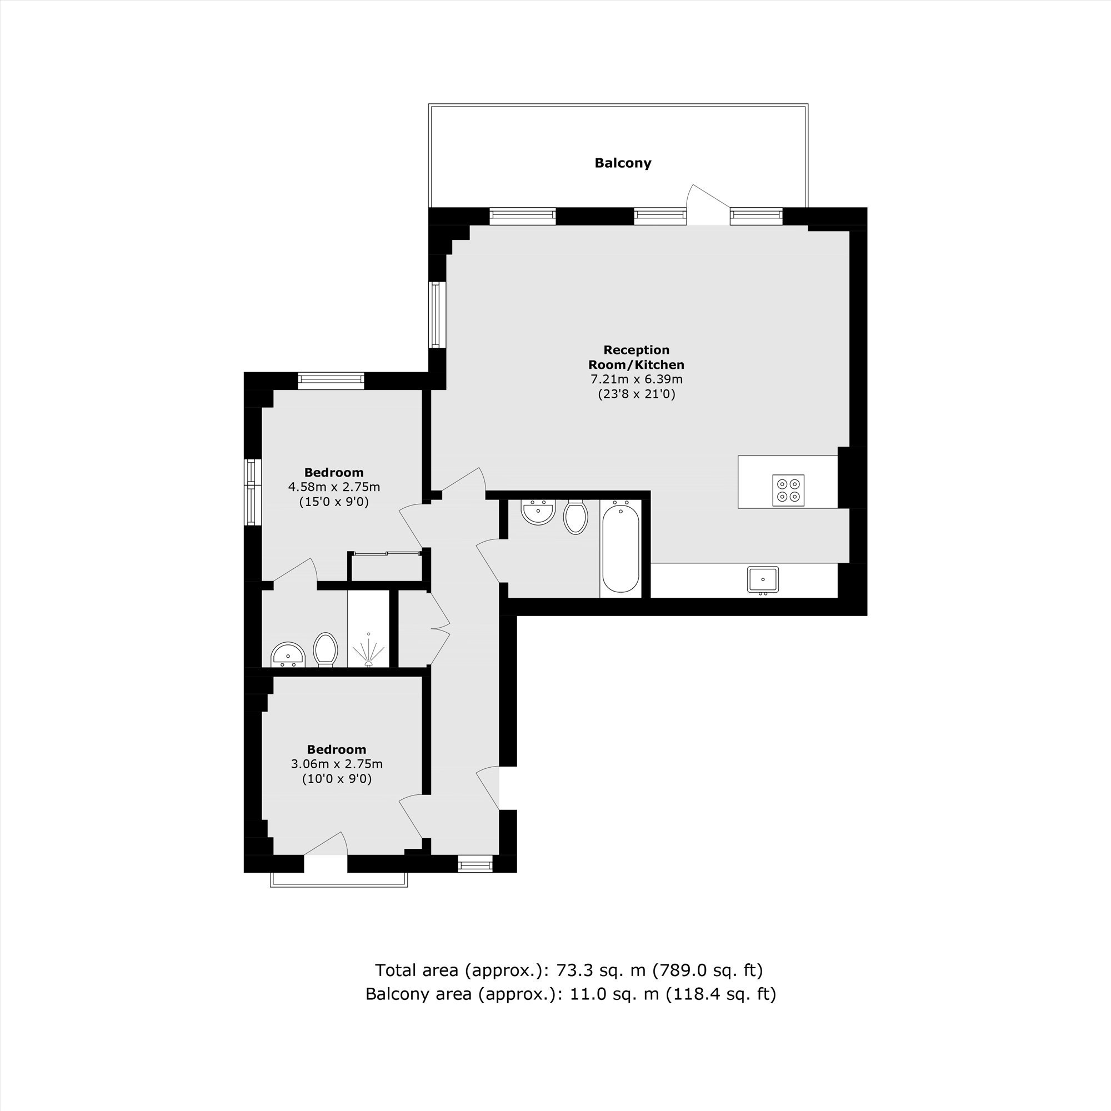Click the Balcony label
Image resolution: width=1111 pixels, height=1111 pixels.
pos(623,163)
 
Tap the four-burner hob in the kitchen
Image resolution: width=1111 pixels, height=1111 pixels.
pos(788,491)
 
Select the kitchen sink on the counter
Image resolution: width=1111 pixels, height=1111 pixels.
pos(763,579)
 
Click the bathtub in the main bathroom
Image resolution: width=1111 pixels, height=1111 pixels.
pos(620,547)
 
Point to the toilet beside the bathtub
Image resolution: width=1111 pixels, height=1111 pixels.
pos(575,517)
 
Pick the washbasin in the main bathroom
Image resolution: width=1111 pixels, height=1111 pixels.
pos(538,512)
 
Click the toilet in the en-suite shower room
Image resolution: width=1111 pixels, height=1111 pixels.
pos(326,649)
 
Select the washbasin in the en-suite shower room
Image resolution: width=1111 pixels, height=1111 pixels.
pos(288,655)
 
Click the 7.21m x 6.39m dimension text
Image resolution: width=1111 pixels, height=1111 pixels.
pos(637,379)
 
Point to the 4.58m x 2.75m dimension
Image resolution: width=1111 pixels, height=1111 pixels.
pos(334,487)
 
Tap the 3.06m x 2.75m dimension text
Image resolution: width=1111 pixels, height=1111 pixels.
pos(337,764)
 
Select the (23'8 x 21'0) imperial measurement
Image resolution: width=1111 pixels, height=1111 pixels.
pos(637,394)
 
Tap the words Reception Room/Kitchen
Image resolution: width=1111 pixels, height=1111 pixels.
pos(637,357)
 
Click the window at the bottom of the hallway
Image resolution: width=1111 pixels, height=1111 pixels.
pos(476,864)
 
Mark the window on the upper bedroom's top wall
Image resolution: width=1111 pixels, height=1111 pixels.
pos(331,381)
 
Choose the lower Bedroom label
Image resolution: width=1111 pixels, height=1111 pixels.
pos(337,749)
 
